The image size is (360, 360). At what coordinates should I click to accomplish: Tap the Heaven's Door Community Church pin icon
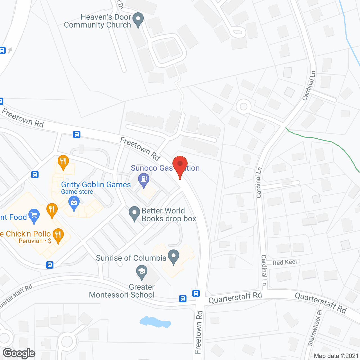tap(138, 20)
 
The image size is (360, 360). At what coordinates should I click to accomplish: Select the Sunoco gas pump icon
tap(144, 180)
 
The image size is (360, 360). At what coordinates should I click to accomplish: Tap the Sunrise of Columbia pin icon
tap(174, 256)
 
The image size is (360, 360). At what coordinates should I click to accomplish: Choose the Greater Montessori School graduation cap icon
tap(142, 272)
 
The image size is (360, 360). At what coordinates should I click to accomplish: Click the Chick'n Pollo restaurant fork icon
tap(58, 235)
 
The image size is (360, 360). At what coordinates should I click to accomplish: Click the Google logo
tap(19, 353)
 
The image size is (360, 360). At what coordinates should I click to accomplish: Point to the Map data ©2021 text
tap(336, 356)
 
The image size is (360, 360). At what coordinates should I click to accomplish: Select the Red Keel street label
tap(285, 262)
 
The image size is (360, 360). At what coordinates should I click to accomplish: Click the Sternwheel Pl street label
tap(315, 328)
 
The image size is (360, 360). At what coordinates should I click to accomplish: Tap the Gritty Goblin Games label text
tap(96, 184)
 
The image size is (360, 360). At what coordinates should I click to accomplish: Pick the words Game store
tap(77, 192)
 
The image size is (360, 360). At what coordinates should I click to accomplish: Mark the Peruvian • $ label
tap(35, 241)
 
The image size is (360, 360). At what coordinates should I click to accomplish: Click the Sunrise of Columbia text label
tap(131, 258)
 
